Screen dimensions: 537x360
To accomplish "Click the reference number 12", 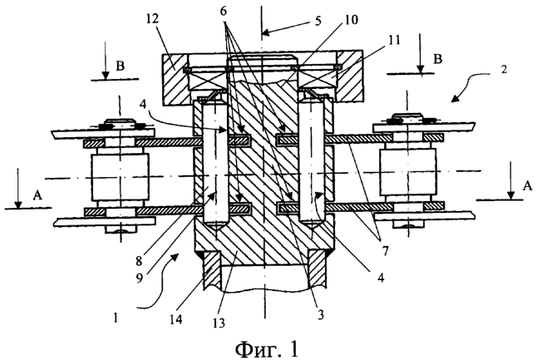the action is [x=152, y=19].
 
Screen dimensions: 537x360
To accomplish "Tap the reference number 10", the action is [x=351, y=19].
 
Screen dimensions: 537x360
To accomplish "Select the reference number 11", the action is [x=394, y=41].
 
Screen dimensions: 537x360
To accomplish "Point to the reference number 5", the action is [x=318, y=21].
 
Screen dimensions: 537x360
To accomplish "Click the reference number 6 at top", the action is [x=223, y=11].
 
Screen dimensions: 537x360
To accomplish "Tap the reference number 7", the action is [x=385, y=251].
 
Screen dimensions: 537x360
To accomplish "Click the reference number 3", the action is [x=320, y=314].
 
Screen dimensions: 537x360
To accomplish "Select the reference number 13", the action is [x=219, y=323].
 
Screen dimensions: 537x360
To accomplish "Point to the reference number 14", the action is [x=176, y=319].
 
